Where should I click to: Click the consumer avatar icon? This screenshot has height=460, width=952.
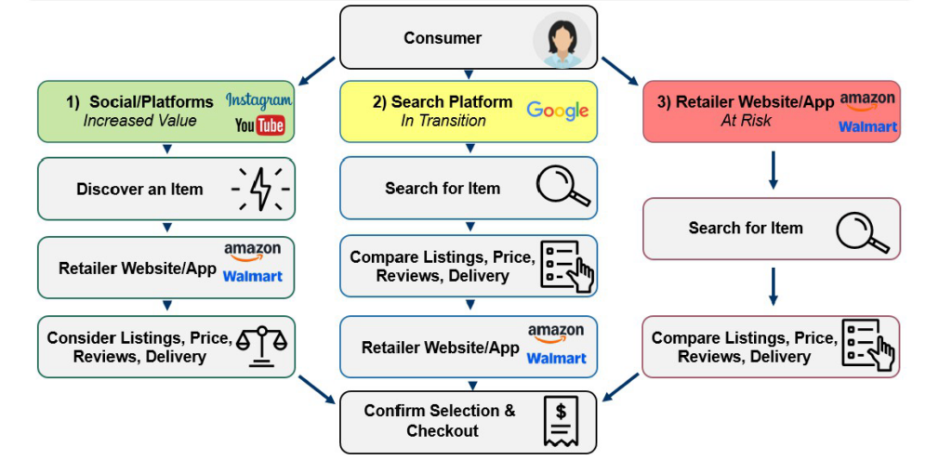click(x=562, y=39)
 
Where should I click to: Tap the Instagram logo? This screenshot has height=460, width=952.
click(x=258, y=100)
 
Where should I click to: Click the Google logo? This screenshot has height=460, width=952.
click(x=558, y=111)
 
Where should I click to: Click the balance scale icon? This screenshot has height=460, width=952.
click(x=261, y=347)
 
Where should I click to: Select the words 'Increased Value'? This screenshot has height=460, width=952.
click(x=139, y=121)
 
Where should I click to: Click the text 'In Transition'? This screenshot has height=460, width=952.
click(x=443, y=121)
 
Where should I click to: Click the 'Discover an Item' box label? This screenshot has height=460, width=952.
click(x=139, y=189)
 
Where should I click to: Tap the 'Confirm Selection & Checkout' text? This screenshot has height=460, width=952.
click(x=440, y=421)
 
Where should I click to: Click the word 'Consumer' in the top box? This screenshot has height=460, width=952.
click(x=443, y=38)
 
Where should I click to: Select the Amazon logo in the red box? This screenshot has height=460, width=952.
click(x=867, y=99)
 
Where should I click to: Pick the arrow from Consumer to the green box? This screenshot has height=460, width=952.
click(x=316, y=68)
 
